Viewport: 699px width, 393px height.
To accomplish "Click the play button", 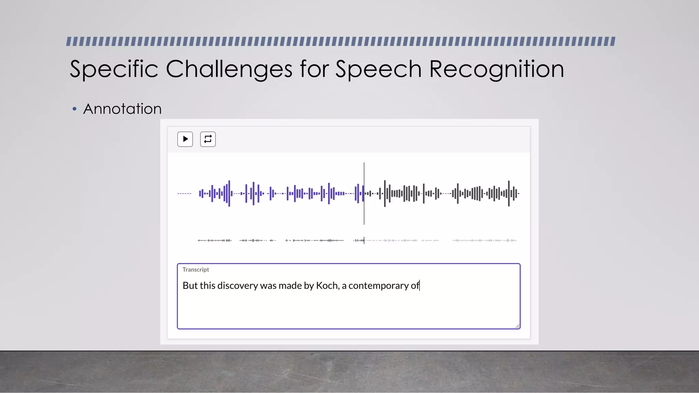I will (x=185, y=139).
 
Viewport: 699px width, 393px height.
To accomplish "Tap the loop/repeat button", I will (x=208, y=139).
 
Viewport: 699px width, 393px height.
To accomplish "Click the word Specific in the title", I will (x=114, y=69).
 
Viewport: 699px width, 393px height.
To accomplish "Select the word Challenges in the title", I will (x=229, y=69).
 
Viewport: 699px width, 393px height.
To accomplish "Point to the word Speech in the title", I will (x=379, y=69).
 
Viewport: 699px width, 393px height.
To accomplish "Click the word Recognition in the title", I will (x=496, y=69).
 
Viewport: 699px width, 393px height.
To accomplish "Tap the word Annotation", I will (x=122, y=109).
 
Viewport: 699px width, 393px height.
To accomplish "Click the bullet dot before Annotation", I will (x=74, y=109).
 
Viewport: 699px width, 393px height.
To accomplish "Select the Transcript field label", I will (x=196, y=270).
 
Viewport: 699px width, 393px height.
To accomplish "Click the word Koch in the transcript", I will (x=327, y=285).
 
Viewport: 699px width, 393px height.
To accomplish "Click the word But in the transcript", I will (x=190, y=285).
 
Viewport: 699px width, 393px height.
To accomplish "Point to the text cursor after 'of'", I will (x=420, y=286).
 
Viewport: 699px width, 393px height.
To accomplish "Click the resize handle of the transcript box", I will (x=517, y=326).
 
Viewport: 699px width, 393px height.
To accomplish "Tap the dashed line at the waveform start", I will (x=184, y=193).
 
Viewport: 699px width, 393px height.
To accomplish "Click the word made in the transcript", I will (x=290, y=285).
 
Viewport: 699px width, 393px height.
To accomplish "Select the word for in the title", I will (x=314, y=69).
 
